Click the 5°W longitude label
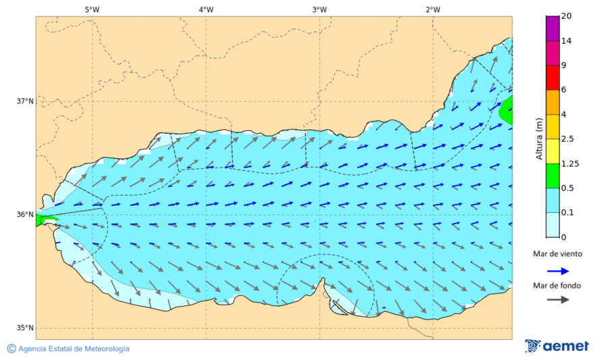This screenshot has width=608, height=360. (93, 9)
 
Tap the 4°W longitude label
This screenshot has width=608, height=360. (206, 9)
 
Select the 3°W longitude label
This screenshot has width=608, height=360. (320, 9)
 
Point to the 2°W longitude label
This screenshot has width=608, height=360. (433, 9)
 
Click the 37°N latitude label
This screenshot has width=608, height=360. (25, 101)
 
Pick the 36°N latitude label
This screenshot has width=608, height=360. (25, 215)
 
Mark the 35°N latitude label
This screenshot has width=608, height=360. (25, 328)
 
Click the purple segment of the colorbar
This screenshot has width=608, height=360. (553, 28)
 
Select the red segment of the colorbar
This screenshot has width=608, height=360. (553, 78)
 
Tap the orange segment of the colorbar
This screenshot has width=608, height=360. (553, 102)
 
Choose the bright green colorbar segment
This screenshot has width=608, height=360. (553, 176)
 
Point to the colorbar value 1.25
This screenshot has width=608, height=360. (571, 163)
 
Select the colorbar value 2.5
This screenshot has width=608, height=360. (568, 139)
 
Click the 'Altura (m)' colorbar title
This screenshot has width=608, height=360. (539, 139)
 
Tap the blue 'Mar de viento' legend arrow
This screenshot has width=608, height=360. (557, 270)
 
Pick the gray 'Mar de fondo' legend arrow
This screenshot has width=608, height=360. (557, 300)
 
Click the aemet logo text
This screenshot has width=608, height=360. (565, 346)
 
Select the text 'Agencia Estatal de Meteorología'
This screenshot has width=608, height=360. (74, 349)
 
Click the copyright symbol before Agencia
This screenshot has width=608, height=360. (11, 349)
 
